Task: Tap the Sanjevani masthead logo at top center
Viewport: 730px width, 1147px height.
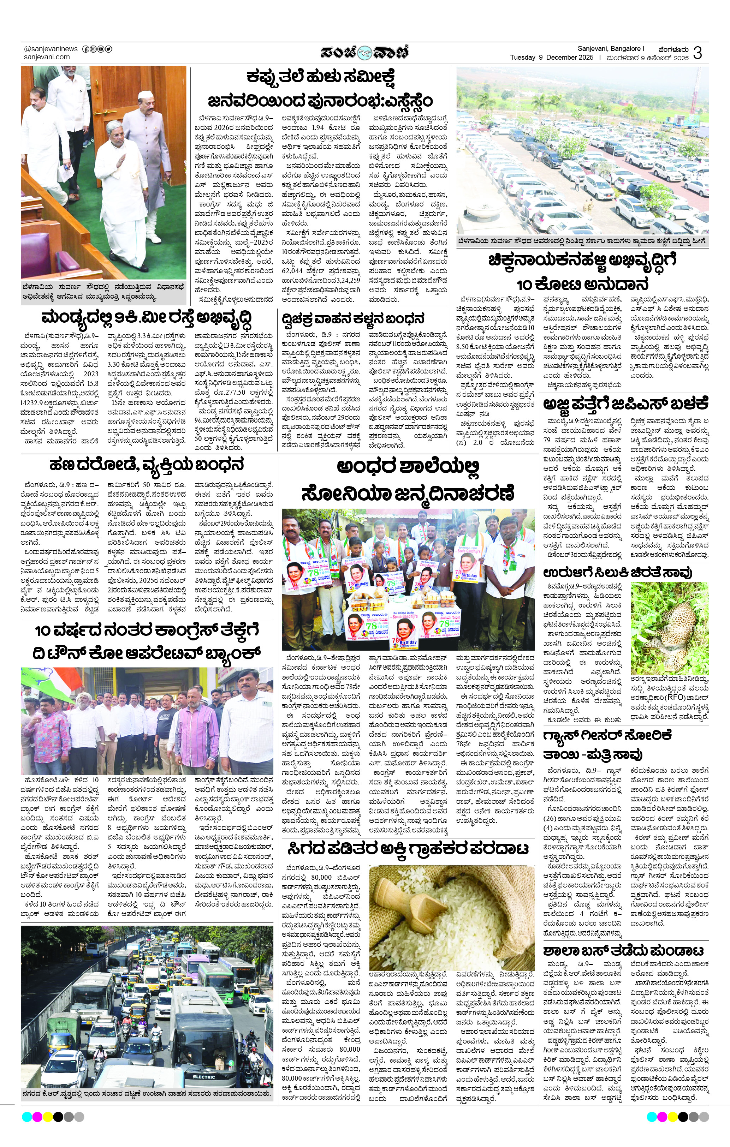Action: click(x=364, y=52)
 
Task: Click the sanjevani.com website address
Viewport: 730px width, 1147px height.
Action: click(x=47, y=57)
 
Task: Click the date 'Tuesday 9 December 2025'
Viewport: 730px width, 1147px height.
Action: click(x=551, y=58)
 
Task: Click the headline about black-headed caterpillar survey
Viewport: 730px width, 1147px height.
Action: click(x=320, y=89)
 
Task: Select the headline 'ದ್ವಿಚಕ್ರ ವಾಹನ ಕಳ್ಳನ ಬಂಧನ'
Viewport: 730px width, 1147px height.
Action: click(x=352, y=318)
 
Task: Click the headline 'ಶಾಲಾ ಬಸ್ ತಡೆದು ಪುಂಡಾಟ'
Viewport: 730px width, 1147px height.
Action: click(x=623, y=1094)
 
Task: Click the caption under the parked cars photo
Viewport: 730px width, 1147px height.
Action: click(x=582, y=241)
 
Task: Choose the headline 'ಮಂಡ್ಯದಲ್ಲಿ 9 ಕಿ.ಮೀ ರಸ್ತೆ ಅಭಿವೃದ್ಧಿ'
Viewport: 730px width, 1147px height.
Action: click(x=146, y=318)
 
